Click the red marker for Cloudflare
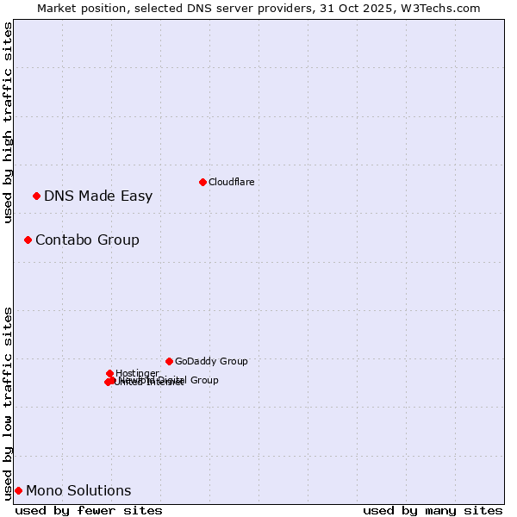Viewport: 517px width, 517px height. point(202,182)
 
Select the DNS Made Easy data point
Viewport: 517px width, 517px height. point(36,196)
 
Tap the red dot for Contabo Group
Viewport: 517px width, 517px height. point(28,240)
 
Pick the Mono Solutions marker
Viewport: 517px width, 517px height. point(18,490)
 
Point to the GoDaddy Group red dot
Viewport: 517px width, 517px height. point(169,361)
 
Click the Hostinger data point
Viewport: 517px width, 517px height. point(110,373)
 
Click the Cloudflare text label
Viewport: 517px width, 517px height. point(231,182)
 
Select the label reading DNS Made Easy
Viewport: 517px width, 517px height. point(98,196)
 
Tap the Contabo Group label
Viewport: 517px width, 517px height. point(87,240)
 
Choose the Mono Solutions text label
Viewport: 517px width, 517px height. point(78,490)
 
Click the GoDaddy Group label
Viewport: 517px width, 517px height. point(211,361)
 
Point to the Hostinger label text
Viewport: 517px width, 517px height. point(137,373)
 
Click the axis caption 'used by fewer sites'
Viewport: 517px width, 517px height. point(89,510)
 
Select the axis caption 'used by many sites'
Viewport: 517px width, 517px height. point(433,510)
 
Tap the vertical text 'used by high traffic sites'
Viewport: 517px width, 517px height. point(8,122)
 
